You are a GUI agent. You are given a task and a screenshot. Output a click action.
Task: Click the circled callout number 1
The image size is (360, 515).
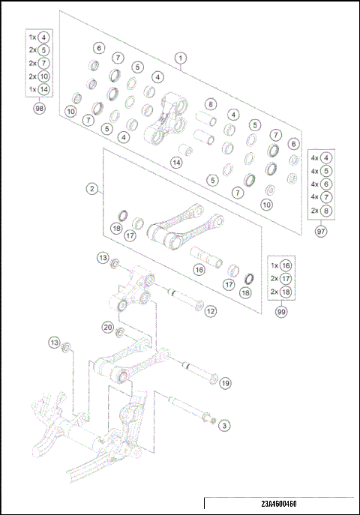tap(181, 57)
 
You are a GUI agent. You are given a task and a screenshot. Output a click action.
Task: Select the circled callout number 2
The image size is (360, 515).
tap(91, 190)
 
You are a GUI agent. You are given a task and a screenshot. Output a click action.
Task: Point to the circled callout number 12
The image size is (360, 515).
tap(211, 310)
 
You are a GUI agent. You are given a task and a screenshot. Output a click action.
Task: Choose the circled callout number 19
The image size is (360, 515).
tap(225, 383)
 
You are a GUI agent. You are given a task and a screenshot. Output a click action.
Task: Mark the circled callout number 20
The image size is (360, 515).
tap(108, 327)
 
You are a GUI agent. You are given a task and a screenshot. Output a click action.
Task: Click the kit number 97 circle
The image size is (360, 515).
tap(321, 232)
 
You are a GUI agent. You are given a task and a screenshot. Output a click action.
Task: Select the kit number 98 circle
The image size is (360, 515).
tap(39, 109)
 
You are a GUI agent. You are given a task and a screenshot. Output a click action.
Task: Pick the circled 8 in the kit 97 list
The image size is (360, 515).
tap(327, 211)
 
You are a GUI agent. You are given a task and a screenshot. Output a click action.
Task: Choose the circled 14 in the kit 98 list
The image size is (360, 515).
tap(44, 90)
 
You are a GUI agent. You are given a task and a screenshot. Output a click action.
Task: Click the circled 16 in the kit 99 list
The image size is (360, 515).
tap(286, 265)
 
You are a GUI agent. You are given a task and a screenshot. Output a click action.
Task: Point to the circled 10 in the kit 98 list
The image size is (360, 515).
tap(44, 76)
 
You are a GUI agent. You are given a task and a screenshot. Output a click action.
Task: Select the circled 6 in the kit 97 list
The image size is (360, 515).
tap(327, 184)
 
